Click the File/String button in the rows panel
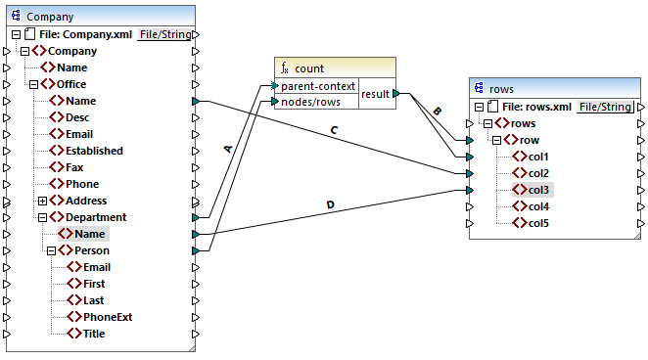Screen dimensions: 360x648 tap(604, 107)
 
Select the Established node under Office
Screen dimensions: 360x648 tap(94, 151)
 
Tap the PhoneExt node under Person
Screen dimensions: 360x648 tap(107, 317)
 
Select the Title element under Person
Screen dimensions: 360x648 tap(94, 334)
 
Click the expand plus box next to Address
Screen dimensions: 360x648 tap(42, 201)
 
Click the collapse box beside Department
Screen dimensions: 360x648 tap(42, 217)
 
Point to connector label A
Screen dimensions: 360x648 tap(228, 149)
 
